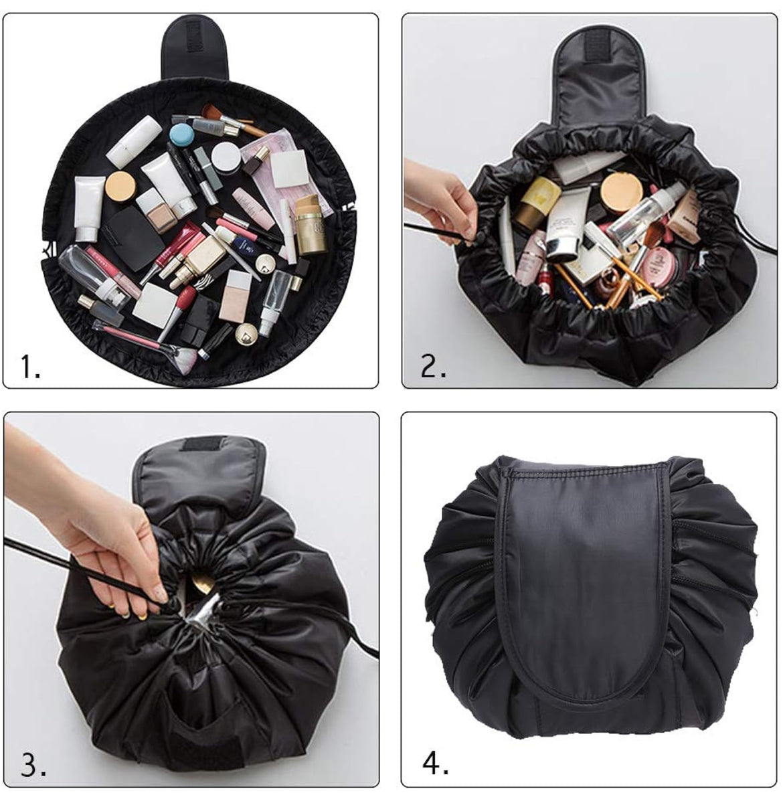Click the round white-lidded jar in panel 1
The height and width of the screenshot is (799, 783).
[226, 157]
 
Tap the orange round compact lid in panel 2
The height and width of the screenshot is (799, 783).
[621, 193]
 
